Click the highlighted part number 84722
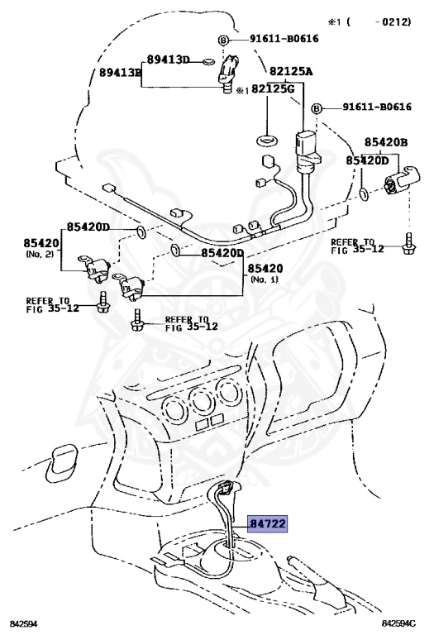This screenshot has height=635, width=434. click(268, 523)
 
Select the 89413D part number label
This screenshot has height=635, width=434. click(168, 60)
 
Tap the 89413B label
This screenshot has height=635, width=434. click(121, 73)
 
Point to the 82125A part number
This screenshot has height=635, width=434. click(291, 71)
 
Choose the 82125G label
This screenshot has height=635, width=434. click(274, 88)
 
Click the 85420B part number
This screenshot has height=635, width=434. click(386, 142)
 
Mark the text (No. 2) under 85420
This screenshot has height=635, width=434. click(40, 255)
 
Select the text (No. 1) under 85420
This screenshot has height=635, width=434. click(265, 279)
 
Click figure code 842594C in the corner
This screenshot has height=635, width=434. click(398, 623)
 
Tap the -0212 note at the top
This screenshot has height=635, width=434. click(393, 21)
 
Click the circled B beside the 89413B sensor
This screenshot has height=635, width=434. click(223, 40)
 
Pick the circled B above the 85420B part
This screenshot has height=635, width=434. click(317, 108)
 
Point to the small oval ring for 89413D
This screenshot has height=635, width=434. click(209, 61)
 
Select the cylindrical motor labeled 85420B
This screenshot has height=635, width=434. click(401, 180)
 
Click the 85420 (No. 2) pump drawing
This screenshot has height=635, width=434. click(94, 267)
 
